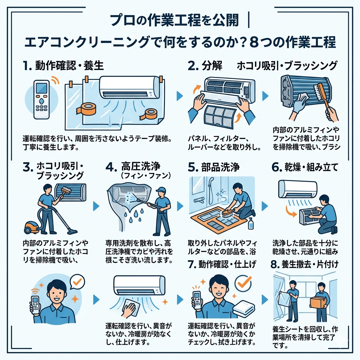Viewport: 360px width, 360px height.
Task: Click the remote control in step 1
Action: (x=42, y=99)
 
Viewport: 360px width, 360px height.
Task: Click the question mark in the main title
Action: (x=275, y=43)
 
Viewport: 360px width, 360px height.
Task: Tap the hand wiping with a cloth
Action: (x=129, y=309)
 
